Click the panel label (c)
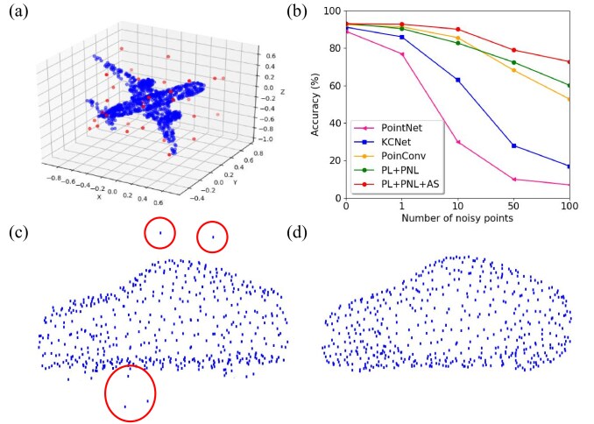[x=19, y=233]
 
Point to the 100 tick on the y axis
[x=332, y=11]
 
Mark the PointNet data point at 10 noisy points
[x=458, y=142]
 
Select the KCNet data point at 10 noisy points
[x=458, y=80]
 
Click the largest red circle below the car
[x=130, y=394]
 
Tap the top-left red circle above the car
[x=159, y=233]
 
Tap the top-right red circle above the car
[x=212, y=237]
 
